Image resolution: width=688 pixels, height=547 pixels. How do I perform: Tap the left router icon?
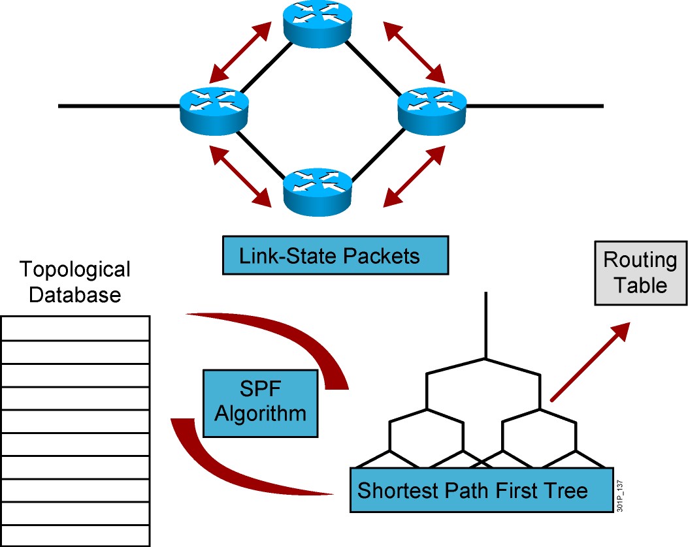[214, 107]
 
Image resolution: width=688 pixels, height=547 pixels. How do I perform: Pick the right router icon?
[433, 107]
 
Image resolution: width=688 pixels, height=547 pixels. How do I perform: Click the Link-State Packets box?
[336, 255]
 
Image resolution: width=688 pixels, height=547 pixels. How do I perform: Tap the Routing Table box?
[639, 273]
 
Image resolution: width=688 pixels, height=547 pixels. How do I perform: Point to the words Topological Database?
[75, 281]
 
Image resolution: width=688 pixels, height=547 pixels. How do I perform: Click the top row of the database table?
[75, 328]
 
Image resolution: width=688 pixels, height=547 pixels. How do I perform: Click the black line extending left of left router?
[118, 106]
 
